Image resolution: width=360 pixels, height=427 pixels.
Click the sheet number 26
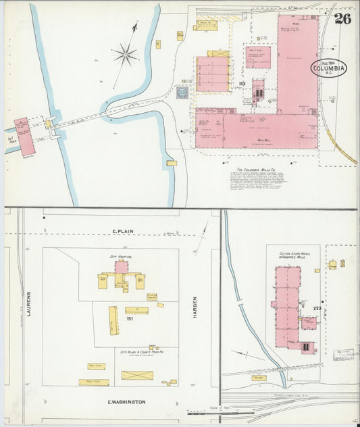[342, 18]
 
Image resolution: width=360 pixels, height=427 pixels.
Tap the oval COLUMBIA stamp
[329, 68]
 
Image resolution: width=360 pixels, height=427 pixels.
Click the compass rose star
[126, 55]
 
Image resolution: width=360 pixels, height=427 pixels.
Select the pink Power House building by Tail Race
[25, 136]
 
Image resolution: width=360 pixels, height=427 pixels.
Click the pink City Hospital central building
[122, 267]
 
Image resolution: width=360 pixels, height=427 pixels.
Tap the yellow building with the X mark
[137, 375]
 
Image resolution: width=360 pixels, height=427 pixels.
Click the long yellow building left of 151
[113, 320]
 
